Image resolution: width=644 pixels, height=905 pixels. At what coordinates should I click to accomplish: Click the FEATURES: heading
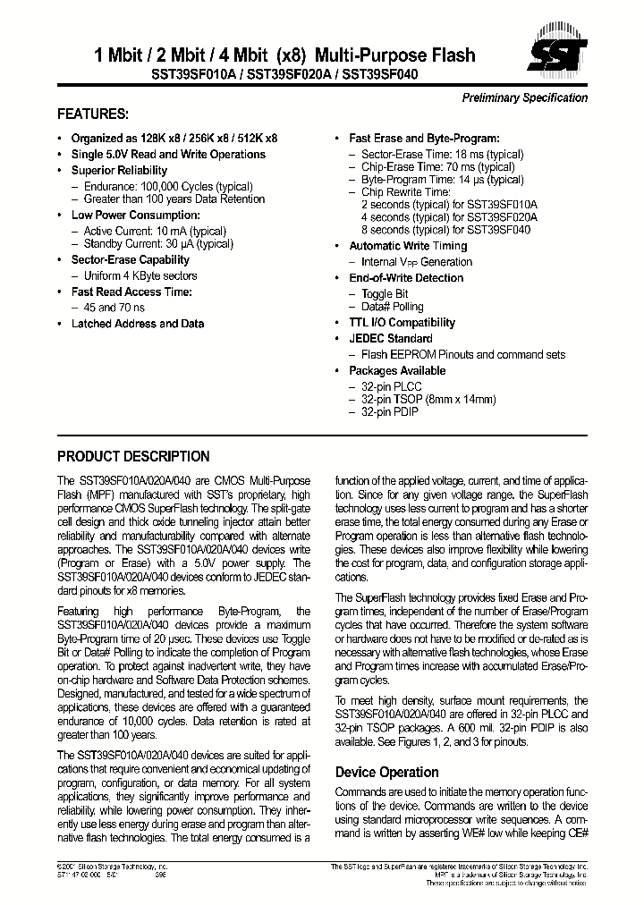93,114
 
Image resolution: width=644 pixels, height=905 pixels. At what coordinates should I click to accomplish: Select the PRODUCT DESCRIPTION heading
133,456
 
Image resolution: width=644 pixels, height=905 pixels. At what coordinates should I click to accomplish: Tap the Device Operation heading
386,772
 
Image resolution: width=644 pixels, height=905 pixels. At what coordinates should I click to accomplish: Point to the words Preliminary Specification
524,98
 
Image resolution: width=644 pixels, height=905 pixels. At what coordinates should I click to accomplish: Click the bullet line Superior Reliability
119,171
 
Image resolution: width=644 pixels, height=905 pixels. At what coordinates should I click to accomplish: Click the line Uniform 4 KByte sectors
140,276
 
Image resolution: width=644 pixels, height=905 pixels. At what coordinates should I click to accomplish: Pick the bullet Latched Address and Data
138,324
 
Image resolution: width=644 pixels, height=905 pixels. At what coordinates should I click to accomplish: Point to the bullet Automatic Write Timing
408,246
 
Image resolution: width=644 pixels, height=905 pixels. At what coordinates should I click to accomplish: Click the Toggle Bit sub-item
385,294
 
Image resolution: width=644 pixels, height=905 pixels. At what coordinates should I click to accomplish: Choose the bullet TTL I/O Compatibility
402,323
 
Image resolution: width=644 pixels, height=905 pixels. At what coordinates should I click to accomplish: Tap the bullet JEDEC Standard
390,339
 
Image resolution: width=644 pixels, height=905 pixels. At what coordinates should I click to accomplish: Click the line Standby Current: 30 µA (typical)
155,244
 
